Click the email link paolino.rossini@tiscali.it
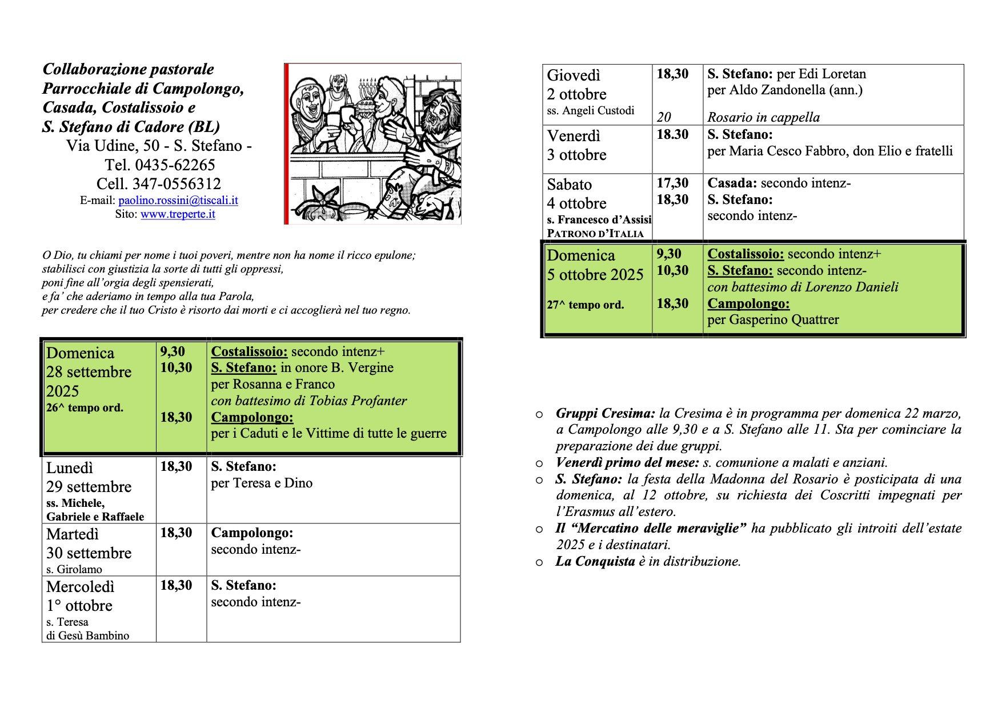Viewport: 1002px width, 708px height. [x=178, y=201]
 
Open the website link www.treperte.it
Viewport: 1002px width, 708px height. [x=178, y=214]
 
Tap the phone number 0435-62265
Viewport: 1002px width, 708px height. [x=175, y=165]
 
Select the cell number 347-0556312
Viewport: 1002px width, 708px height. [x=177, y=184]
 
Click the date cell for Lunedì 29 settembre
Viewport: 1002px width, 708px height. [x=89, y=478]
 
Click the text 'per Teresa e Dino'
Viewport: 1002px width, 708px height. [x=262, y=483]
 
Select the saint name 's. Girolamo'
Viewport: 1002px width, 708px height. [x=74, y=569]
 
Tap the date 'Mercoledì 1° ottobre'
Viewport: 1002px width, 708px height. [x=80, y=597]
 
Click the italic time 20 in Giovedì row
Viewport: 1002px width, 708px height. [x=663, y=117]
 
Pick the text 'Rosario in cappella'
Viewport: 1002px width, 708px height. [x=763, y=118]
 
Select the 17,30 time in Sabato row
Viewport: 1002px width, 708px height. [x=672, y=183]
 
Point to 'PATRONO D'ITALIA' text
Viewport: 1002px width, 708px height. [x=595, y=234]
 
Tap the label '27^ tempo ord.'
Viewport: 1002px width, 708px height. [x=585, y=305]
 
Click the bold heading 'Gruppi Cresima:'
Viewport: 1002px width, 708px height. [x=606, y=414]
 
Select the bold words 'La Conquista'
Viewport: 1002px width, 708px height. [x=595, y=562]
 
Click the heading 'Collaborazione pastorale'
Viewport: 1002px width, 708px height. [x=128, y=69]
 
